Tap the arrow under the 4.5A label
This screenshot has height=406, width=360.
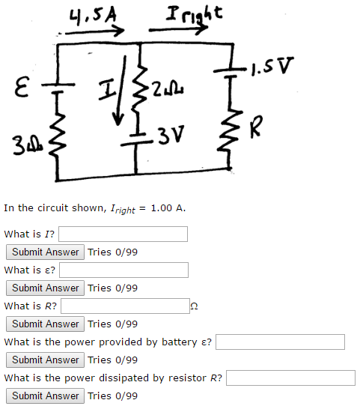pyautogui.click(x=94, y=32)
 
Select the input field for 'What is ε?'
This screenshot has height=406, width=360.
pyautogui.click(x=124, y=270)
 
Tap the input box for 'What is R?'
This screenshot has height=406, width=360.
pyautogui.click(x=125, y=306)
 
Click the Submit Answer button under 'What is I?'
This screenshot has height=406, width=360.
pyautogui.click(x=45, y=252)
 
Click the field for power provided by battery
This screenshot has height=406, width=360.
pyautogui.click(x=280, y=342)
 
